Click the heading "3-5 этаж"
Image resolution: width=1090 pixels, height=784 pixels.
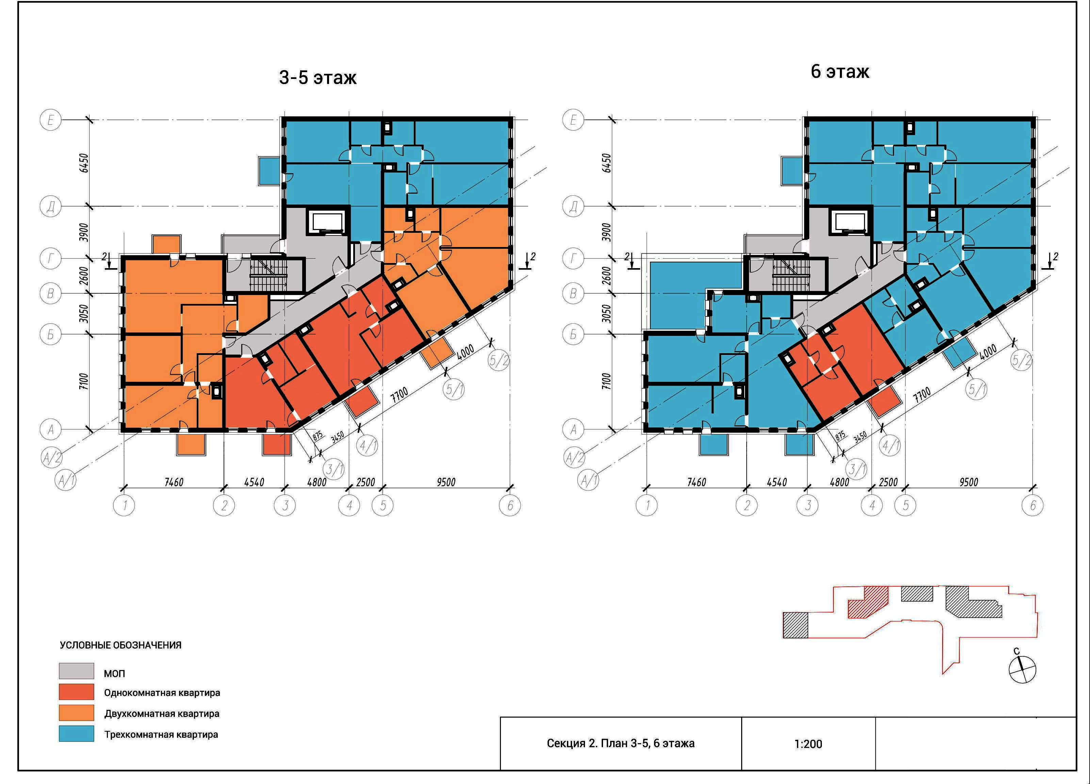(318, 77)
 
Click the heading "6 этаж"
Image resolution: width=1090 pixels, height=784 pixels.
(840, 71)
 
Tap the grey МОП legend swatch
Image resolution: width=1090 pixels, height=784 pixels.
(77, 671)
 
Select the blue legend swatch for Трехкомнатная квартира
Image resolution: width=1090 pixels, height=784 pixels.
(77, 734)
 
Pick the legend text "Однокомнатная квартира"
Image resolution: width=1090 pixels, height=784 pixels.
(162, 693)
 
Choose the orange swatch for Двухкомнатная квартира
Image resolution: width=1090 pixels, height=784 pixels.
(77, 713)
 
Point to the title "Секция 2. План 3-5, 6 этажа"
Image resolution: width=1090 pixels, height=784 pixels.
(620, 744)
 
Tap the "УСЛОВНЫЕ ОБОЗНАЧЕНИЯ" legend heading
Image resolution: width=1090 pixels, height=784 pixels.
(120, 645)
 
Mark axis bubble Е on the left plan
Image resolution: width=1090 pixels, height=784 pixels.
(50, 120)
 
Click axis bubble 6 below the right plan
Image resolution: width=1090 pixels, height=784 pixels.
(1033, 506)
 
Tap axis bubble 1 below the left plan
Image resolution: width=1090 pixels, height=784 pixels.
(124, 506)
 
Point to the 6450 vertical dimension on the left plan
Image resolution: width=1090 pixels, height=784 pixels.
(84, 163)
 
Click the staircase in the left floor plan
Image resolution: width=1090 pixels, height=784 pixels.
(268, 276)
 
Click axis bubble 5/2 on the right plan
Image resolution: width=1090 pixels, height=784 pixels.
(1021, 360)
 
